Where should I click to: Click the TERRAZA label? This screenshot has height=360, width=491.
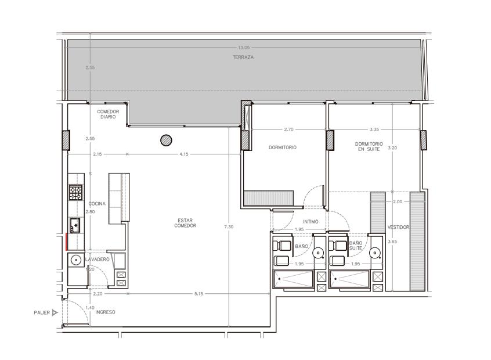(243, 57)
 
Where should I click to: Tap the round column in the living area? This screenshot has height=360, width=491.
(166, 140)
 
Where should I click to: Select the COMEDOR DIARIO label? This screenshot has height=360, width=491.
(108, 114)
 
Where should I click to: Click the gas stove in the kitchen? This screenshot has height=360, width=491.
(76, 192)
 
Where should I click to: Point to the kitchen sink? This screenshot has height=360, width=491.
(75, 225)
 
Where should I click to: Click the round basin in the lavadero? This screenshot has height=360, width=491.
(75, 260)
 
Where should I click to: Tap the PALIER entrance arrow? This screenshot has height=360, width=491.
(55, 312)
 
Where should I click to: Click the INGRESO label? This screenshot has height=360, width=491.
(105, 312)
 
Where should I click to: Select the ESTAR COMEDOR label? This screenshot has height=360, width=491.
(185, 223)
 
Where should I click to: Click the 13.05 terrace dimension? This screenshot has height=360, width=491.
(244, 48)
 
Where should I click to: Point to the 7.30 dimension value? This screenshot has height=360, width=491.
(229, 226)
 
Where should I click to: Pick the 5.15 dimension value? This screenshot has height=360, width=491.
(198, 294)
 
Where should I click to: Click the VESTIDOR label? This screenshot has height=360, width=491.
(398, 227)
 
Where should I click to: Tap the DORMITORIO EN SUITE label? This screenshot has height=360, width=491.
(369, 147)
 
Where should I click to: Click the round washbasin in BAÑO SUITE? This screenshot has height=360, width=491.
(374, 253)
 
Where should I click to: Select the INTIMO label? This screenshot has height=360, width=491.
(311, 221)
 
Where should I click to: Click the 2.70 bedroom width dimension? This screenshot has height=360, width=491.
(288, 129)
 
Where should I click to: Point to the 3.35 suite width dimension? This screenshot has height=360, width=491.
(374, 129)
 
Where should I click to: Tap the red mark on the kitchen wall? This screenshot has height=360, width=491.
(66, 242)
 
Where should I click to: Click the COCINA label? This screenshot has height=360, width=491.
(97, 204)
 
